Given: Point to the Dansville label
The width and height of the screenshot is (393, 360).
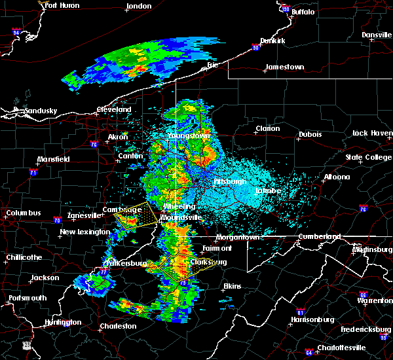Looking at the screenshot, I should (376, 35).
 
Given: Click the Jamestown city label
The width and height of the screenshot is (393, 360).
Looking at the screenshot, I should (284, 67).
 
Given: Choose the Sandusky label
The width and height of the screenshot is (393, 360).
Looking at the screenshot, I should (40, 111).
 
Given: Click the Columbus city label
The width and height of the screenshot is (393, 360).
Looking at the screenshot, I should (24, 213).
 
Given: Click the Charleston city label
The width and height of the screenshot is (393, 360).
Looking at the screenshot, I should (118, 326).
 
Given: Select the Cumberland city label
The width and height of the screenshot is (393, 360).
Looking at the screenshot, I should (319, 236).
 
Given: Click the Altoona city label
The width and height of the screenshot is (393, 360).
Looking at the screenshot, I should (338, 177).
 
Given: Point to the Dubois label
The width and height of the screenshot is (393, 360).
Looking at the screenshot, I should (309, 134).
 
